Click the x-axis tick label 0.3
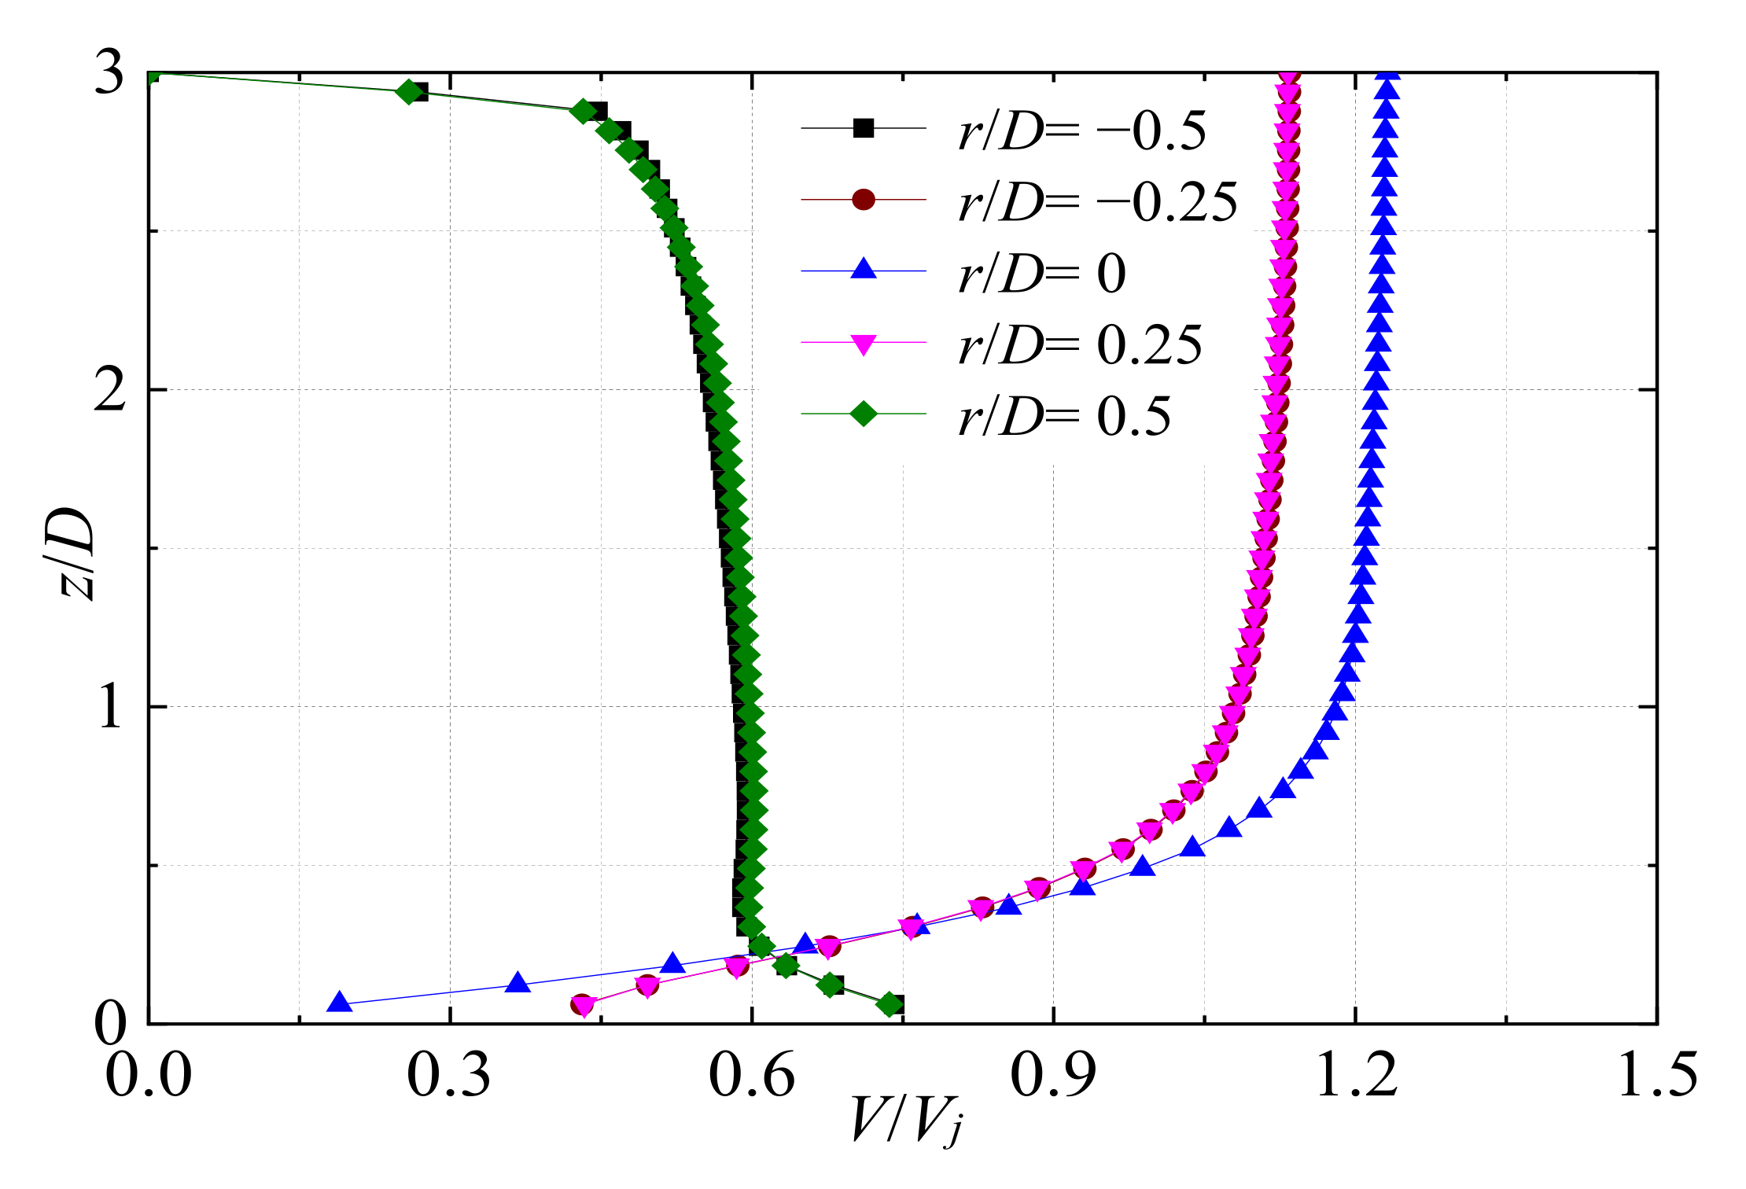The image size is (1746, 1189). (x=448, y=1075)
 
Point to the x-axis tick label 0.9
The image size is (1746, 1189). (x=1053, y=1075)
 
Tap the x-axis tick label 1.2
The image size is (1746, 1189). (x=1356, y=1075)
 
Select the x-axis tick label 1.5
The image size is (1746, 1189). (x=1657, y=1075)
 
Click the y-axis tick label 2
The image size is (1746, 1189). (x=109, y=390)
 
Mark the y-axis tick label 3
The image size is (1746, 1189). (x=109, y=74)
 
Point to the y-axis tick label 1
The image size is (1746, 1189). (x=109, y=707)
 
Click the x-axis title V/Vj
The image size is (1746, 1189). (x=905, y=1121)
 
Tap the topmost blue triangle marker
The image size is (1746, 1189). (x=1389, y=73)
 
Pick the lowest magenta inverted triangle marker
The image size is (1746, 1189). (x=584, y=1006)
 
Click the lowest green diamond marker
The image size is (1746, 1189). (x=890, y=1004)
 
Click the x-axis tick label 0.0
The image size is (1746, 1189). (x=148, y=1075)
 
